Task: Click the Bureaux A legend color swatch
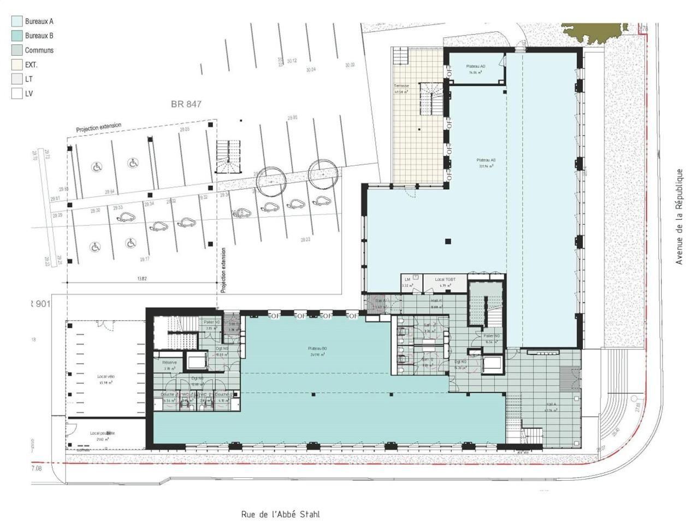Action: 17,21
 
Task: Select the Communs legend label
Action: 39,50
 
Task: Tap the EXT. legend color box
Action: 17,65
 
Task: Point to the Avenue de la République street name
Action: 679,217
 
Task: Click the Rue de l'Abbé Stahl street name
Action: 280,514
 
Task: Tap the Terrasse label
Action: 401,86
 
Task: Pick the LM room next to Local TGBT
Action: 407,282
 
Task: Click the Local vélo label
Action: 106,377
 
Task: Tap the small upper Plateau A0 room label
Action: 475,68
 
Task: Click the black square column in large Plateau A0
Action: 448,241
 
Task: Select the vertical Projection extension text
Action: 223,271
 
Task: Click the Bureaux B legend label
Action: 39,36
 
